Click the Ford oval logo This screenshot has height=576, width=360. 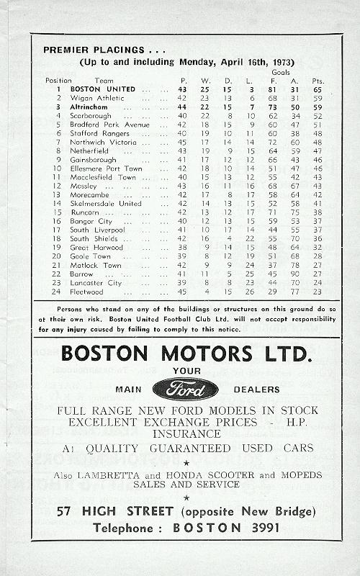(185, 389)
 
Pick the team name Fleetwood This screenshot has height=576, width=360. (88, 292)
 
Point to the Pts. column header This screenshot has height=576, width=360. (318, 80)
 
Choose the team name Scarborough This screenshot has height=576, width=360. (93, 114)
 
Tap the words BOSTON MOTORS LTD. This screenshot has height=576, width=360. (185, 354)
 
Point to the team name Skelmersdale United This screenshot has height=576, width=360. (106, 203)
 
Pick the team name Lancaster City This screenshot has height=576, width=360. (96, 283)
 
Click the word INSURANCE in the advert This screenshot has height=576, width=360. (186, 434)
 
